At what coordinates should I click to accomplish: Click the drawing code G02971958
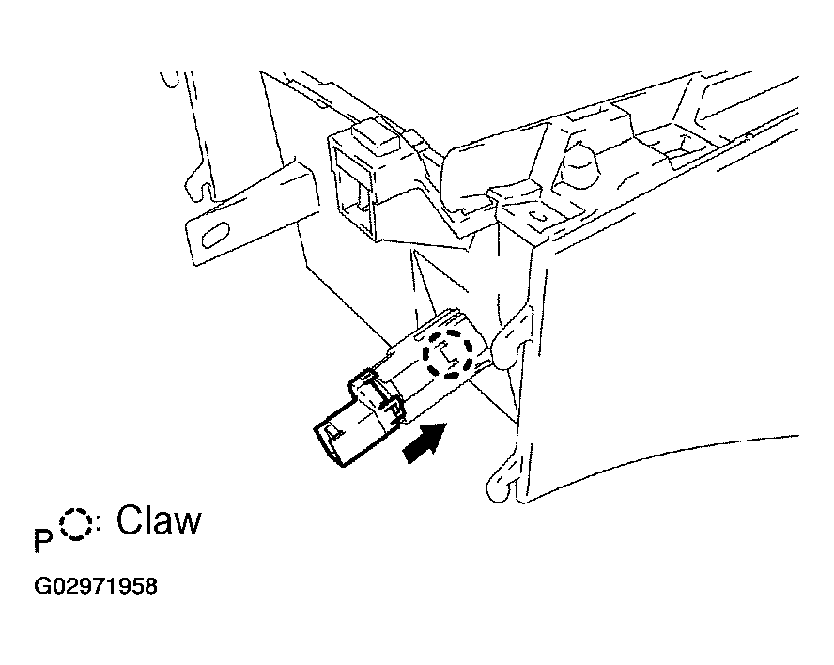(x=96, y=586)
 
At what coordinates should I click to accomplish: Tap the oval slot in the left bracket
(x=215, y=235)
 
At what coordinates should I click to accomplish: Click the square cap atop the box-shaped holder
(x=376, y=137)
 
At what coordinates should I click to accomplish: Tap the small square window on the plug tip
(x=332, y=431)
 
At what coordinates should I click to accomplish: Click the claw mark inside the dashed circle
(x=446, y=354)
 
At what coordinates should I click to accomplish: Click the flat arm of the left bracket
(x=250, y=213)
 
